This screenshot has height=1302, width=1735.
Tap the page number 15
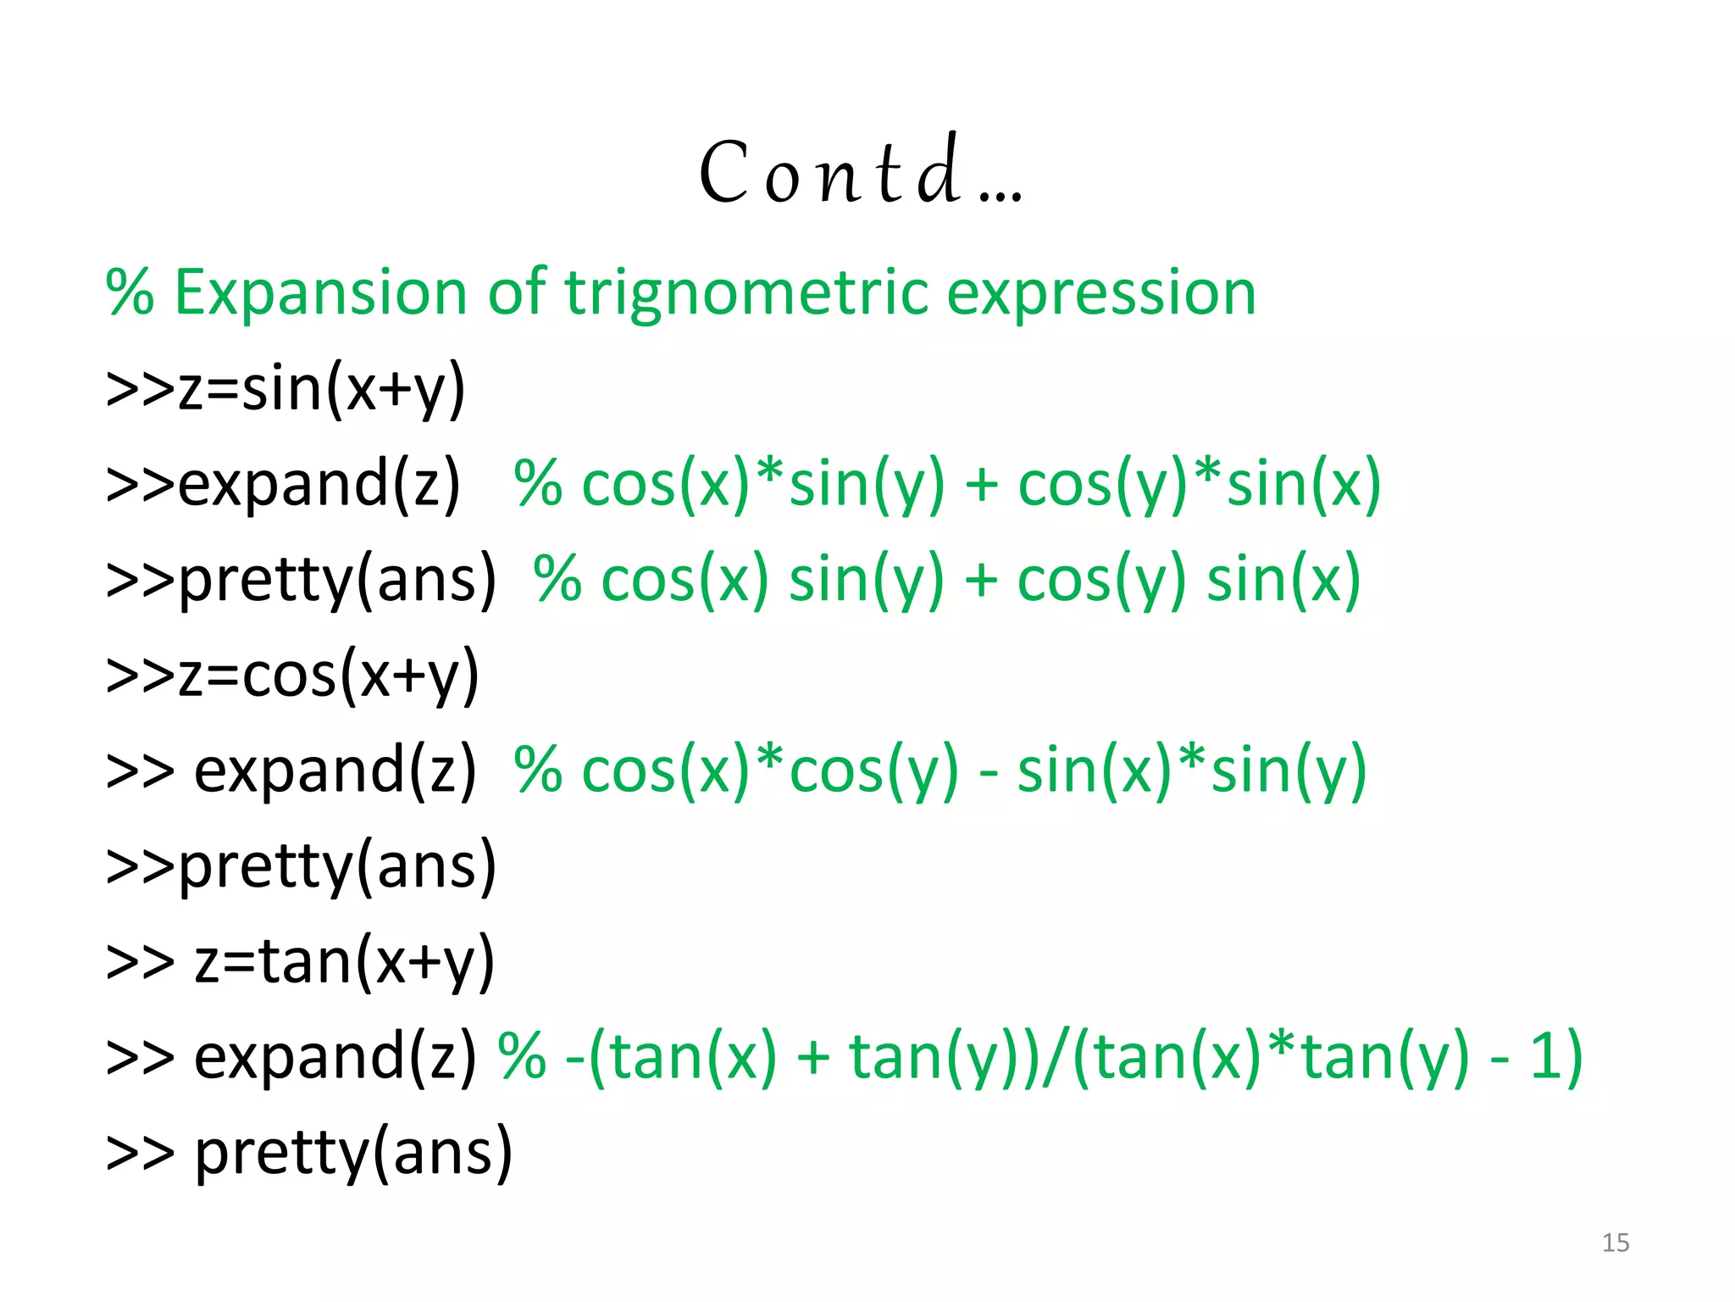click(1616, 1243)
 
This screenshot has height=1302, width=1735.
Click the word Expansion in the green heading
click(320, 292)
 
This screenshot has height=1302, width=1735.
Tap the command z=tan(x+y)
click(344, 962)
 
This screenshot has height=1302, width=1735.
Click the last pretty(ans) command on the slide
click(352, 1153)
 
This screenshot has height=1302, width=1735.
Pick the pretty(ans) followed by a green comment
click(337, 580)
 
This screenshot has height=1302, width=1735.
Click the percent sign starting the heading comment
click(130, 292)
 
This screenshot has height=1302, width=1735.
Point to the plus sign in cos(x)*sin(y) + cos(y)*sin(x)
click(981, 486)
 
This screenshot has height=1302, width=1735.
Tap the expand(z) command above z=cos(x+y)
click(319, 484)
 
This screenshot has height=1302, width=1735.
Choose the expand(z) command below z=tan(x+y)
click(335, 1057)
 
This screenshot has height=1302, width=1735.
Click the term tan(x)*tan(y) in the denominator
click(1280, 1057)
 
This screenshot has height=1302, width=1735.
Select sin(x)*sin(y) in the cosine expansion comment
click(1191, 771)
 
